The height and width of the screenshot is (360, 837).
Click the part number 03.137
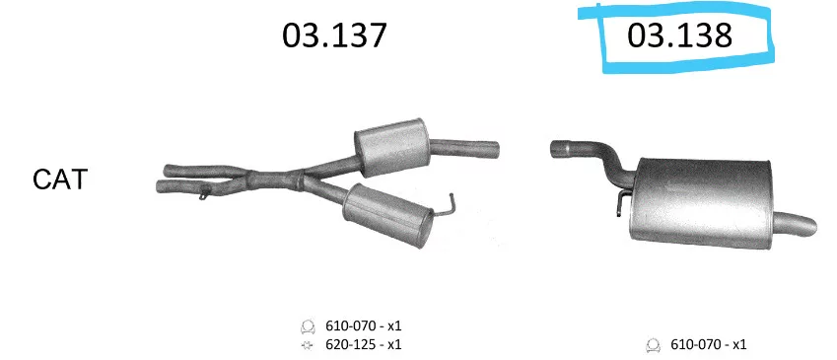pyautogui.click(x=334, y=36)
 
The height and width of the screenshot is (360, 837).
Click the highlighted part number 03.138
pyautogui.click(x=679, y=36)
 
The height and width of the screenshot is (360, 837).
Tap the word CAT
pyautogui.click(x=60, y=180)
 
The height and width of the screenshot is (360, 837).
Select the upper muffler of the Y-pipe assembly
pyautogui.click(x=391, y=147)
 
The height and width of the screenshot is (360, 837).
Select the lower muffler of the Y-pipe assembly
pyautogui.click(x=387, y=215)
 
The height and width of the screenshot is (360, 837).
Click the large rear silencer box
pyautogui.click(x=700, y=203)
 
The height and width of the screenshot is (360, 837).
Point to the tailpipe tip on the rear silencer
pyautogui.click(x=796, y=224)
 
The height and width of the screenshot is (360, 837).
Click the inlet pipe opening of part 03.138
pyautogui.click(x=555, y=149)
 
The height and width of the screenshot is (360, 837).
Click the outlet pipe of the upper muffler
pyautogui.click(x=463, y=147)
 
